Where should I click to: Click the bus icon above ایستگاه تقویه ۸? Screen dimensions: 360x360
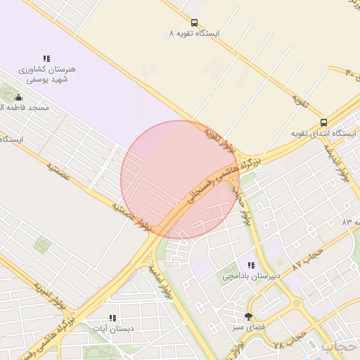[x=194, y=22]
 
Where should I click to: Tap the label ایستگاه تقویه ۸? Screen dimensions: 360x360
[x=194, y=34]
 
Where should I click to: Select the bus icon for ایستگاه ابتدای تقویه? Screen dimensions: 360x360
[x=323, y=122]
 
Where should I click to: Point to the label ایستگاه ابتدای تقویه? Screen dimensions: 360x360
[x=324, y=134]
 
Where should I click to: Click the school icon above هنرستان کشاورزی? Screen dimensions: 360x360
[x=46, y=58]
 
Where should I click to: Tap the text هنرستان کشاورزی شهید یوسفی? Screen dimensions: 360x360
[x=46, y=75]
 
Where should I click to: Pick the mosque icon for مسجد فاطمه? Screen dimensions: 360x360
[x=18, y=97]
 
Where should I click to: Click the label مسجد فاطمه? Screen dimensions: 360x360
[x=25, y=108]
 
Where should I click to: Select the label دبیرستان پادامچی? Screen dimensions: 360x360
[x=251, y=276]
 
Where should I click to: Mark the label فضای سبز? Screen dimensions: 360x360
[x=248, y=327]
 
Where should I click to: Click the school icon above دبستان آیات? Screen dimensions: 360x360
[x=112, y=318]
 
